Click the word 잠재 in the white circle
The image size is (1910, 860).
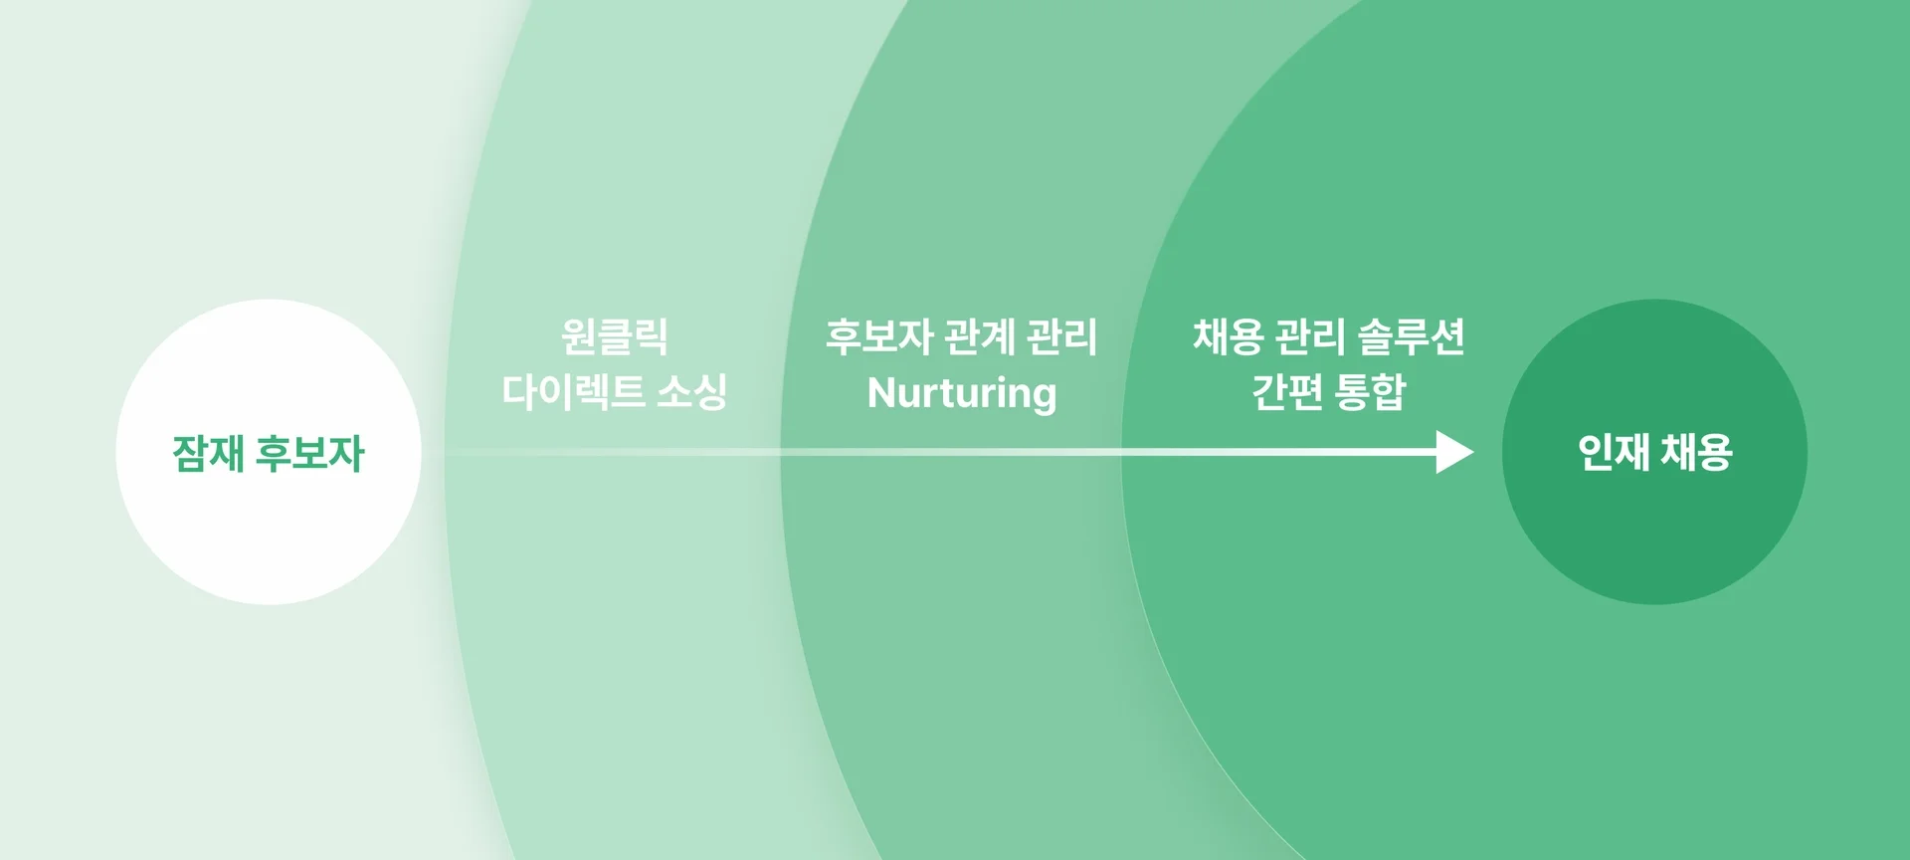pos(208,453)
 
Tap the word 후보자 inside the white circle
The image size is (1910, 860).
pos(310,453)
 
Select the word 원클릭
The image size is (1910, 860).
pos(615,336)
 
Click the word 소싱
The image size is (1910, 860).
pos(692,391)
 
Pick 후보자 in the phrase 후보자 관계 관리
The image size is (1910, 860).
pos(879,336)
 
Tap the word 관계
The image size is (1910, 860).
pos(980,336)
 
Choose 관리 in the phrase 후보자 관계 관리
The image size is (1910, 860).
pos(1062,336)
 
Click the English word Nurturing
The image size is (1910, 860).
pos(962,393)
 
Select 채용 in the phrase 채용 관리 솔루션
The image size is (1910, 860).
pos(1228,336)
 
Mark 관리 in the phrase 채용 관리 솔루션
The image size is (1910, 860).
pos(1310,336)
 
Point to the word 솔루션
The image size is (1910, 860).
pos(1412,336)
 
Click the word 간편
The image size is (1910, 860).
pos(1287,391)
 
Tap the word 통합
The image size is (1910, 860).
pos(1370,391)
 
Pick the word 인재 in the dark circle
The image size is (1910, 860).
pos(1614,452)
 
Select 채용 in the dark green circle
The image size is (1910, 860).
pos(1697,452)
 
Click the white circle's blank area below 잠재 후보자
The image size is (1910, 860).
pos(269,537)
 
